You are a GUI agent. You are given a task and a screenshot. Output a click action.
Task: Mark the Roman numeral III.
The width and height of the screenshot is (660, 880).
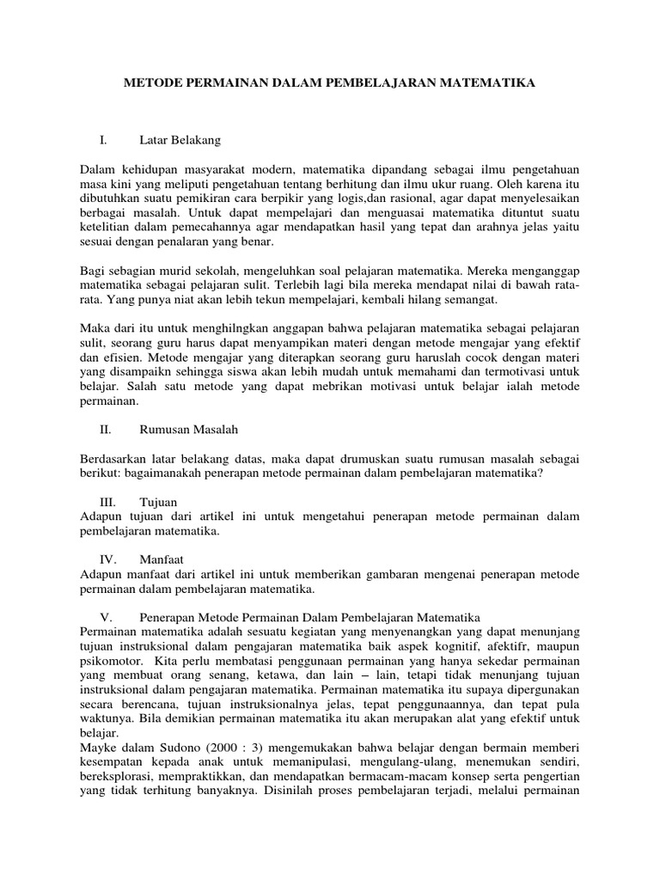[108, 501]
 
